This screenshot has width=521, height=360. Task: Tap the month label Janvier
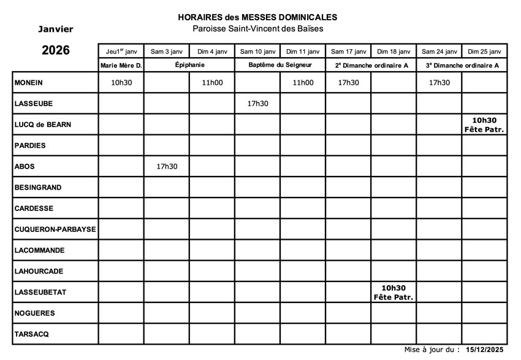(55, 29)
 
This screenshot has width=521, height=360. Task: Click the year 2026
(55, 51)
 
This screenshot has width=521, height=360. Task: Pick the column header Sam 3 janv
(167, 52)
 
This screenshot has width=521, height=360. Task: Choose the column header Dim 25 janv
(484, 52)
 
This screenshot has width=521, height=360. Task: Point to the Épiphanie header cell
(189, 65)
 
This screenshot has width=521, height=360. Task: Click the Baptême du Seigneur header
(280, 65)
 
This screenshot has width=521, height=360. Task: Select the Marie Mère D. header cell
(121, 65)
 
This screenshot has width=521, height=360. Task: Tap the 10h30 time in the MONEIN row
(121, 83)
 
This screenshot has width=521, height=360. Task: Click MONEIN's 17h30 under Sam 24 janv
(439, 83)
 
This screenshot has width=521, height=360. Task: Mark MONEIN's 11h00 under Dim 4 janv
(212, 83)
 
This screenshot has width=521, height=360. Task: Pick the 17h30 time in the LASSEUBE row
(257, 104)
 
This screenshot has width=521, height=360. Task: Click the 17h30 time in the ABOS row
(167, 166)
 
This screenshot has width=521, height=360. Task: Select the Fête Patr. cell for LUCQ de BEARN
(484, 125)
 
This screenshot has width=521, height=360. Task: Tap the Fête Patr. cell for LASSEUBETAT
(394, 293)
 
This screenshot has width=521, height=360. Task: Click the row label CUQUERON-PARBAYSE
(55, 229)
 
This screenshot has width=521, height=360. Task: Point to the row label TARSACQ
(32, 334)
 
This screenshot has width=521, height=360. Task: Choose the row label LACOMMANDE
(39, 250)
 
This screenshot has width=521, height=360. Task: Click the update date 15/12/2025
(484, 350)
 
